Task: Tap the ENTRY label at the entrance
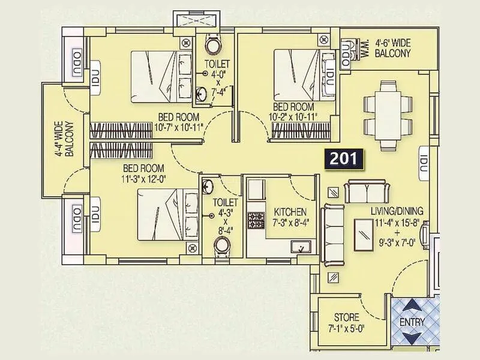click(x=412, y=322)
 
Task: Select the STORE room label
click(x=346, y=317)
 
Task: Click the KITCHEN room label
click(x=290, y=212)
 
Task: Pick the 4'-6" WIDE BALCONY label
click(x=393, y=48)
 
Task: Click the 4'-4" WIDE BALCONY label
click(x=64, y=139)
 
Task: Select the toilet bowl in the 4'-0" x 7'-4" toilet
click(x=214, y=46)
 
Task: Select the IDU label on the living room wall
click(x=424, y=161)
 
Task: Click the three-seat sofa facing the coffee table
click(x=329, y=234)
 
